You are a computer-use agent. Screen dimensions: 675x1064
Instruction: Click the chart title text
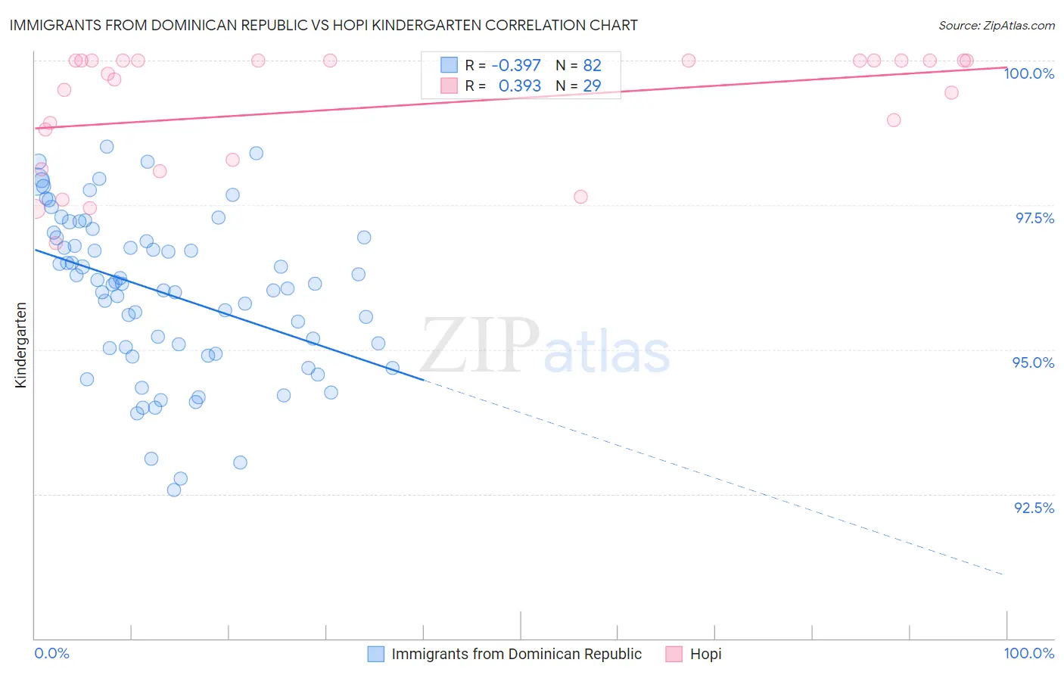[x=323, y=25]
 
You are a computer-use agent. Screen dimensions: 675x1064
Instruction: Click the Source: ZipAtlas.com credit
[x=996, y=25]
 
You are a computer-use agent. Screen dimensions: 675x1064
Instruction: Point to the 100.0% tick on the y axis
[x=1028, y=73]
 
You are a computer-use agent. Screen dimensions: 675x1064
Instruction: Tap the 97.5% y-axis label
[x=1034, y=218]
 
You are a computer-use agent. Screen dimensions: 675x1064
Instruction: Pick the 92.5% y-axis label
[x=1034, y=508]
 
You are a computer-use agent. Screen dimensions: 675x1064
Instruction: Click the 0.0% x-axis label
[x=52, y=653]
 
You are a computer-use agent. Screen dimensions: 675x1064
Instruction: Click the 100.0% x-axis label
[x=1028, y=653]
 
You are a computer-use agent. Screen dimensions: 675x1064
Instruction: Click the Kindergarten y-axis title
[x=21, y=345]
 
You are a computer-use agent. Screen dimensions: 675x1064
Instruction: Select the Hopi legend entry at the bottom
[x=705, y=654]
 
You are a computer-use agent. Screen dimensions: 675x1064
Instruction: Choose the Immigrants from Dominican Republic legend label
[x=516, y=654]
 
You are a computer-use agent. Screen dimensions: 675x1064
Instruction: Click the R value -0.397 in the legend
[x=516, y=66]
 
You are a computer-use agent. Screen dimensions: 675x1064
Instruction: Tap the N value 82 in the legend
[x=592, y=66]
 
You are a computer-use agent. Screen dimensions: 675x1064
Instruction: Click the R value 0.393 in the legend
[x=519, y=86]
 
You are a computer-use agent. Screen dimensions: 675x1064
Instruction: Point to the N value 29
[x=592, y=86]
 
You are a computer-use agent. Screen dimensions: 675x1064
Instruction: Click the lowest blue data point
[x=174, y=490]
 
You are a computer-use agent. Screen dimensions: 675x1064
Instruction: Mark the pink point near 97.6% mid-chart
[x=580, y=197]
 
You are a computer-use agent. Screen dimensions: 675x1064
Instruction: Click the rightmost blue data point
[x=392, y=368]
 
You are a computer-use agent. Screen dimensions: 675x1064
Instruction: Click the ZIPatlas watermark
[x=545, y=347]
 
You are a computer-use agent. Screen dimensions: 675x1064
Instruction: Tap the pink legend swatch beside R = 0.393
[x=450, y=86]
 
